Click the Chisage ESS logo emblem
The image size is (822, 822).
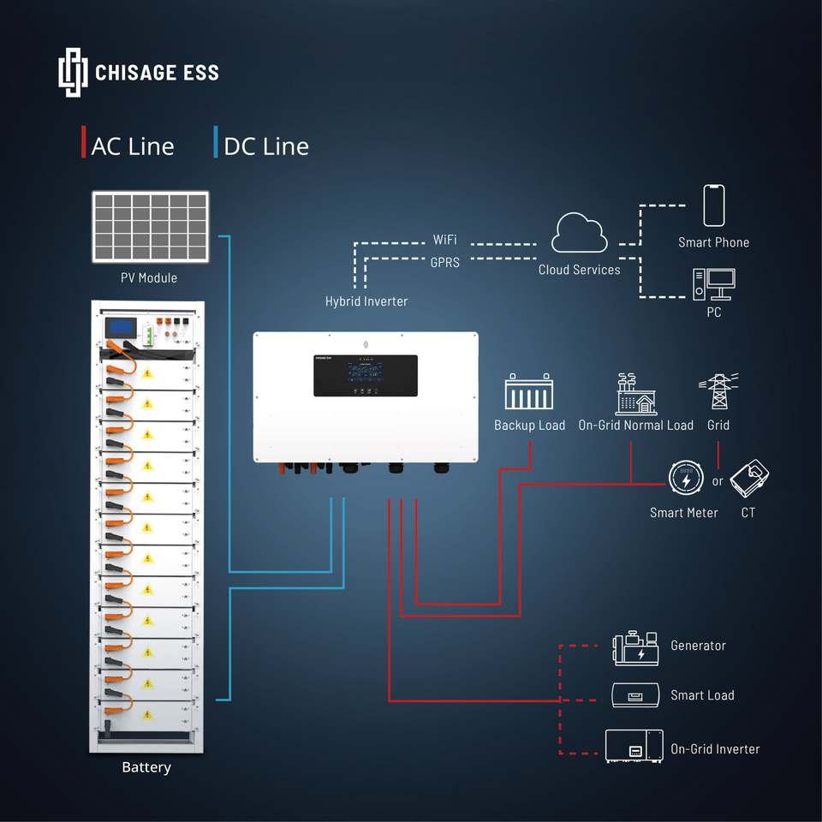click(73, 73)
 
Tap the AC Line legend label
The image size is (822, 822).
click(132, 146)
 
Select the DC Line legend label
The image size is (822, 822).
click(265, 146)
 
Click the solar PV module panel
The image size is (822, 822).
click(151, 227)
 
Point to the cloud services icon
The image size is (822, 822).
click(580, 234)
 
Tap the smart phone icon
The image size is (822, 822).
click(714, 206)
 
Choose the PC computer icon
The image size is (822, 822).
click(714, 285)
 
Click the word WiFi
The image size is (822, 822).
click(444, 240)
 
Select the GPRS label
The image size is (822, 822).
click(444, 263)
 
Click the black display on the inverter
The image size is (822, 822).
click(366, 375)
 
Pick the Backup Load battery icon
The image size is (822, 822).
click(529, 393)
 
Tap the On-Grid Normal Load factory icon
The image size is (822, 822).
click(635, 395)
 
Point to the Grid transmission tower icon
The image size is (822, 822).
click(718, 392)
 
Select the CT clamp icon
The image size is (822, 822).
click(749, 479)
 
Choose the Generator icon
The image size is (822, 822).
click(635, 648)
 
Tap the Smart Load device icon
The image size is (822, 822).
click(635, 695)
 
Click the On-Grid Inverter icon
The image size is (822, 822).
click(634, 747)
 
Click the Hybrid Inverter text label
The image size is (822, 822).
click(366, 301)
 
